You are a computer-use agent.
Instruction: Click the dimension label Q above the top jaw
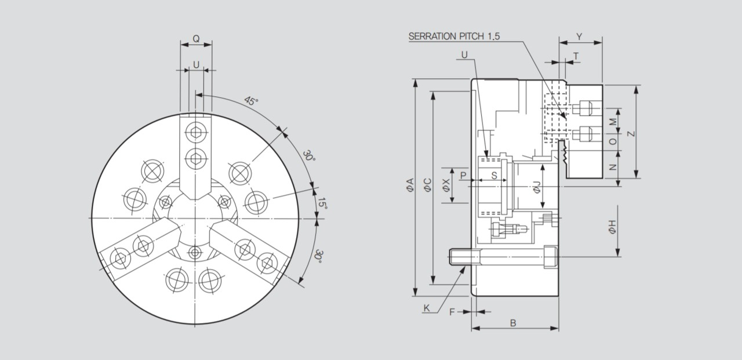(x=196, y=39)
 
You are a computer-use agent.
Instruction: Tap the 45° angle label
(x=251, y=101)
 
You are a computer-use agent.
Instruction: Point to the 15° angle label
(x=322, y=203)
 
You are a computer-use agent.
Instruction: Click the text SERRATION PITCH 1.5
(x=454, y=36)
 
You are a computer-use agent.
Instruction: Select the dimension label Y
(x=579, y=36)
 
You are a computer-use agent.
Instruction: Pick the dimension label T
(x=576, y=56)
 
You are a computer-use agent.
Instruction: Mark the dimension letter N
(x=613, y=168)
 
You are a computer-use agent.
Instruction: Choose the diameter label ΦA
(x=410, y=185)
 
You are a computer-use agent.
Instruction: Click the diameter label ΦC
(x=427, y=185)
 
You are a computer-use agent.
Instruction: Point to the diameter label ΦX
(x=446, y=185)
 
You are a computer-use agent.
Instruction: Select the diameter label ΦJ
(x=537, y=186)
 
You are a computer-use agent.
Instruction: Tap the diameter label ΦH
(x=612, y=228)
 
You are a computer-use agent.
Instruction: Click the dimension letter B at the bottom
(x=513, y=323)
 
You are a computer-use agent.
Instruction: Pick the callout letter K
(x=426, y=308)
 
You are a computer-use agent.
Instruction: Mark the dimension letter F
(x=452, y=312)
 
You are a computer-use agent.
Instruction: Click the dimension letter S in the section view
(x=494, y=174)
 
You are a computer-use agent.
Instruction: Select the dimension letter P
(x=463, y=174)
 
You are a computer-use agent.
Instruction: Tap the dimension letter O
(x=613, y=141)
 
